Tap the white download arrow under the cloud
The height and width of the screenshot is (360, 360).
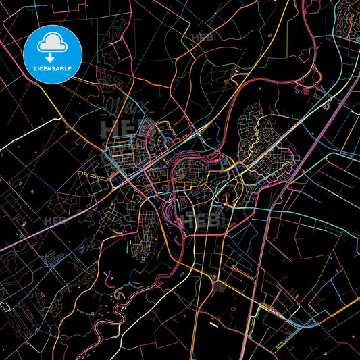pos(51,58)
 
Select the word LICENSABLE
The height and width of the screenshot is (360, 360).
pos(53,69)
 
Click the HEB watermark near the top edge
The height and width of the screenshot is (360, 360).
pos(202,37)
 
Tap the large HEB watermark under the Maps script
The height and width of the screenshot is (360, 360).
pos(122,129)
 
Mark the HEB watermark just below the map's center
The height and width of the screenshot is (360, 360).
pos(197,219)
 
